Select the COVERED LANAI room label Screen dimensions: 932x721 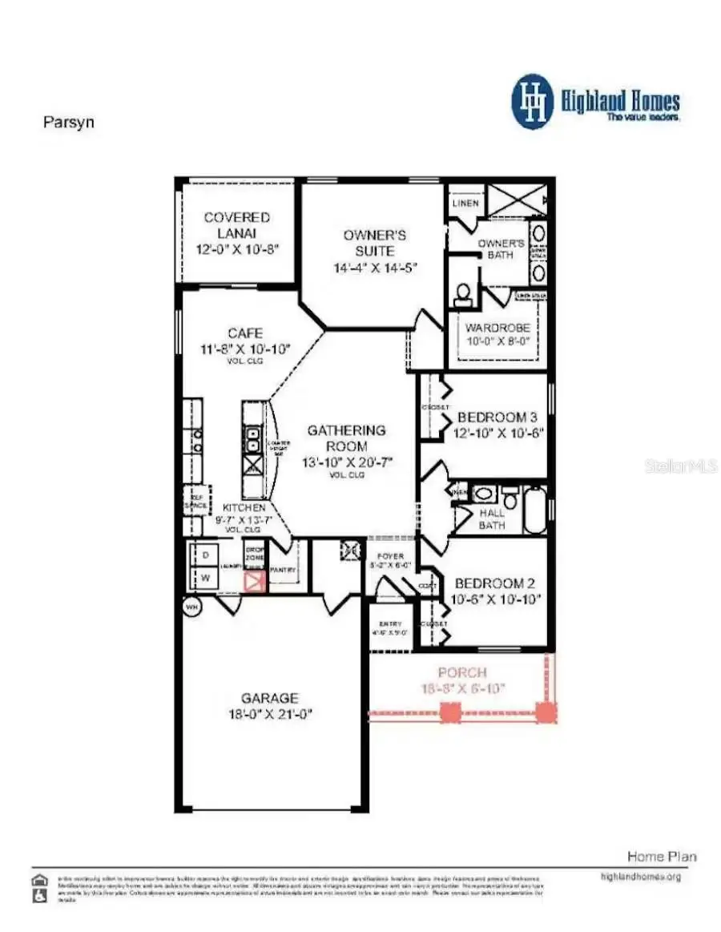pyautogui.click(x=236, y=224)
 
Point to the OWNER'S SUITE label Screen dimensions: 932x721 pyautogui.click(x=375, y=243)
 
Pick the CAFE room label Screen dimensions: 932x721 pyautogui.click(x=245, y=333)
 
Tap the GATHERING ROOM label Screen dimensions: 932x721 pyautogui.click(x=346, y=438)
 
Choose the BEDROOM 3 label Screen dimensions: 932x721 pyautogui.click(x=497, y=418)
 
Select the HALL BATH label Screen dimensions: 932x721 pyautogui.click(x=492, y=518)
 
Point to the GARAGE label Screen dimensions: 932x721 pyautogui.click(x=270, y=698)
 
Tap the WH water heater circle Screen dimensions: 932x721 pyautogui.click(x=191, y=607)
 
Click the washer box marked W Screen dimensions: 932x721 pyautogui.click(x=204, y=578)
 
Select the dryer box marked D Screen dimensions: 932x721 pyautogui.click(x=204, y=555)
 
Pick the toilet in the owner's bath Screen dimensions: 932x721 pyautogui.click(x=462, y=296)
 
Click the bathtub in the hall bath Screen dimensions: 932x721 pyautogui.click(x=535, y=508)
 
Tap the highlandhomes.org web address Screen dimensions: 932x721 pyautogui.click(x=640, y=877)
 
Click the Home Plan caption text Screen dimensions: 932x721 pyautogui.click(x=661, y=857)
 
